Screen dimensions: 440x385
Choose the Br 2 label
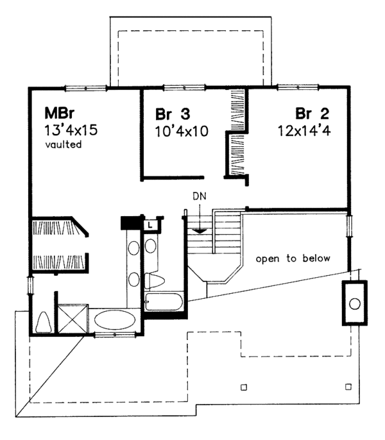pyautogui.click(x=312, y=114)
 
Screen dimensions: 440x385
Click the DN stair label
pyautogui.click(x=200, y=194)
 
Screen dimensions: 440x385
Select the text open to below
pyautogui.click(x=293, y=259)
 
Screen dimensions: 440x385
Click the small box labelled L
pyautogui.click(x=149, y=224)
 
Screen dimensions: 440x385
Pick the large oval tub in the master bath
pyautogui.click(x=115, y=320)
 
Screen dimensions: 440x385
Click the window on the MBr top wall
pyautogui.click(x=85, y=87)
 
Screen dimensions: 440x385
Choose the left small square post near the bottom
pyautogui.click(x=243, y=387)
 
